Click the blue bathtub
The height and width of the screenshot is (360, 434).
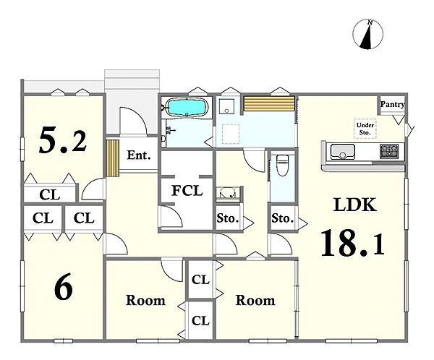tap(187, 108)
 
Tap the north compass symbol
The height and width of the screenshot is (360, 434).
tap(368, 34)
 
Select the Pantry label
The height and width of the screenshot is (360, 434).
tap(392, 104)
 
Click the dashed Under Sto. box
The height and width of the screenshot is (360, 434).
tap(365, 129)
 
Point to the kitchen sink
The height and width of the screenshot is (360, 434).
tap(343, 152)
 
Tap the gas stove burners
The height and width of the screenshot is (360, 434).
tap(389, 151)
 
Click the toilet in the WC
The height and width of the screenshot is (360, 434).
tap(283, 166)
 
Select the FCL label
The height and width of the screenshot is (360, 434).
tap(187, 191)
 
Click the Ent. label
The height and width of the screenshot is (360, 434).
tap(139, 155)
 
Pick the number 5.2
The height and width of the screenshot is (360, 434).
tap(63, 140)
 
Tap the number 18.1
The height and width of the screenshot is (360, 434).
tap(353, 244)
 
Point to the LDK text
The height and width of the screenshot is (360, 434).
tap(355, 205)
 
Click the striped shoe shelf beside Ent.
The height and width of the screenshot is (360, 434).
tap(113, 158)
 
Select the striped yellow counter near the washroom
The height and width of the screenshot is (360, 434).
tap(269, 103)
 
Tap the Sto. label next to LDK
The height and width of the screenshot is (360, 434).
tap(282, 218)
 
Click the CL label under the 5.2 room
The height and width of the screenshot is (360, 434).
tap(50, 194)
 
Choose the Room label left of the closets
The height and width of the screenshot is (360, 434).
tap(145, 301)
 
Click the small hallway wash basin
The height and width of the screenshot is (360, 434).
tap(228, 193)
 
